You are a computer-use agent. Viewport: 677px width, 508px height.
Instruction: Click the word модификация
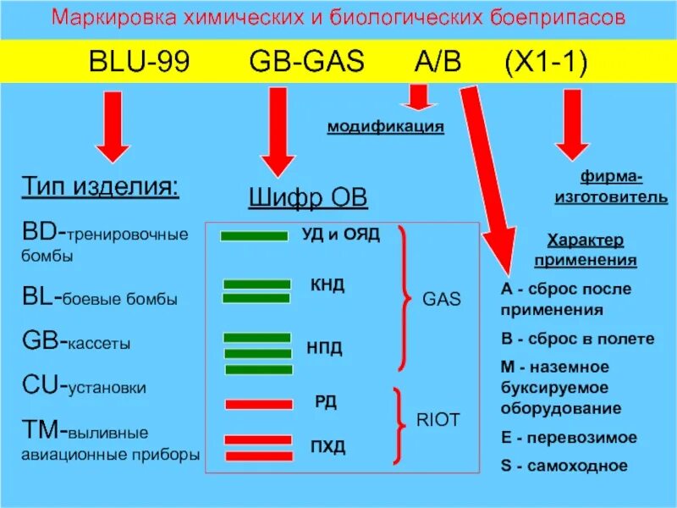(x=386, y=127)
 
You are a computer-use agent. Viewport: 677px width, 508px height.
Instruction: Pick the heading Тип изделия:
(x=99, y=186)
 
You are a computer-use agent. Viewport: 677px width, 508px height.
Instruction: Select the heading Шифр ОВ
(x=307, y=199)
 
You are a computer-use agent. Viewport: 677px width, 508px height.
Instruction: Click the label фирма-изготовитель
(x=611, y=187)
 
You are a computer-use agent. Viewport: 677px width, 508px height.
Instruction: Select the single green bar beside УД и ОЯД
(x=254, y=236)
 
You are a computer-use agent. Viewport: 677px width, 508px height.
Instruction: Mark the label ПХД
(x=327, y=446)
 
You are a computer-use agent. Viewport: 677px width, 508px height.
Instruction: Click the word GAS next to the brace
(x=441, y=299)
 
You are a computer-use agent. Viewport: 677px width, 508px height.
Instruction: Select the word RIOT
(x=438, y=418)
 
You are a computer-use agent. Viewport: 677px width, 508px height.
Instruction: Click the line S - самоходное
(x=564, y=465)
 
